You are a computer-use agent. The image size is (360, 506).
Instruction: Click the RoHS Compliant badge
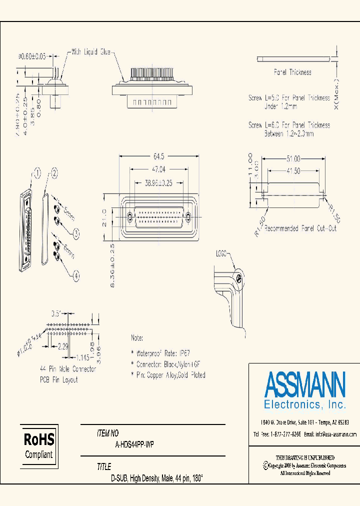point(39,446)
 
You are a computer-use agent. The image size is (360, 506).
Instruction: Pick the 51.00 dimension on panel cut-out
point(293,159)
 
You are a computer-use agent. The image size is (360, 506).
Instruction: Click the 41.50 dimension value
point(293,171)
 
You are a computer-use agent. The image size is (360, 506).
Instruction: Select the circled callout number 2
point(54,173)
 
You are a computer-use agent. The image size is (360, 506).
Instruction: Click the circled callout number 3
point(76,232)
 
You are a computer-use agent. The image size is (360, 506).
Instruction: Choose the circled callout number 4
point(76,274)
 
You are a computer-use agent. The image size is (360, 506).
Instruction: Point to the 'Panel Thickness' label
point(292,72)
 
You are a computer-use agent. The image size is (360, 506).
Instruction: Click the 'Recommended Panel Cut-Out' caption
point(300,228)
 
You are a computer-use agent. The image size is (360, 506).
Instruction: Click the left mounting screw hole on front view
point(129,217)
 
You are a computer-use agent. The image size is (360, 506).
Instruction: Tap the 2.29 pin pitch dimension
point(62,346)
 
